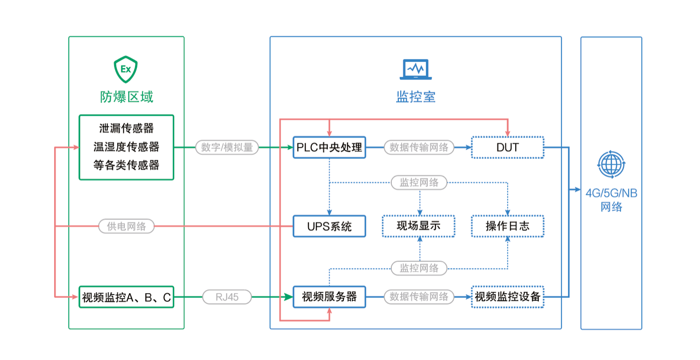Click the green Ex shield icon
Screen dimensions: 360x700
click(126, 70)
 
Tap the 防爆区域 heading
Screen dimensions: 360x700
click(127, 97)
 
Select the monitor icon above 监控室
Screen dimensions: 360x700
click(416, 70)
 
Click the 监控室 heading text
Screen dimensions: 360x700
click(416, 97)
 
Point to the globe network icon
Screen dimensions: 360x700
click(611, 165)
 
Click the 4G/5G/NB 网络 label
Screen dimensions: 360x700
click(611, 200)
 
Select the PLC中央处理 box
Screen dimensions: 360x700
click(329, 147)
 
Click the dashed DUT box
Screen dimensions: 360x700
click(507, 147)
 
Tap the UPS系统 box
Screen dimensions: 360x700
click(329, 226)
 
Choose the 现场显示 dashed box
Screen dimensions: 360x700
click(419, 226)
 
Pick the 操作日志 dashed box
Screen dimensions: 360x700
click(507, 226)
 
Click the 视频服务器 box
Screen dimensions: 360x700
click(329, 297)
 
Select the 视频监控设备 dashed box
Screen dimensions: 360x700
click(507, 297)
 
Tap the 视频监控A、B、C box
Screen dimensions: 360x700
click(127, 297)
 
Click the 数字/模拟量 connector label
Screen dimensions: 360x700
click(227, 147)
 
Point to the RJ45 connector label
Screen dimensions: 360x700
click(227, 297)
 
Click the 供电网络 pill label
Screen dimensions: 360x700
click(127, 226)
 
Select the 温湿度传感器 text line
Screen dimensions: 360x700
click(127, 147)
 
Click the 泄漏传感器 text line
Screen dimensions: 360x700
click(127, 128)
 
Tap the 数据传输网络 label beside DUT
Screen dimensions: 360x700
click(419, 147)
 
